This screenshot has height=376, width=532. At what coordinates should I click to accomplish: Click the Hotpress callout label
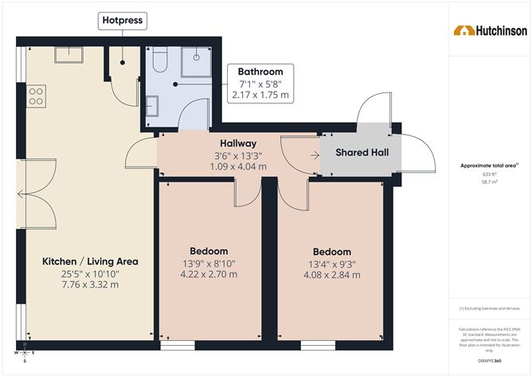click(122, 19)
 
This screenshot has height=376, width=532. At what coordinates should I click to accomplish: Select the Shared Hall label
click(362, 152)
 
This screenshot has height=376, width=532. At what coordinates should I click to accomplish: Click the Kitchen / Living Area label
click(91, 261)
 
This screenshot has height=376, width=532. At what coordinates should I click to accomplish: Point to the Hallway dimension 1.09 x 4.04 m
click(237, 166)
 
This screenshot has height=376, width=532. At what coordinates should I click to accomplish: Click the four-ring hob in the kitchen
click(36, 97)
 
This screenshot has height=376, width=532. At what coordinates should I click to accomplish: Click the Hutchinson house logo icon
click(461, 30)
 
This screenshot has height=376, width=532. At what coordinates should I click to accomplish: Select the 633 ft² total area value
click(490, 174)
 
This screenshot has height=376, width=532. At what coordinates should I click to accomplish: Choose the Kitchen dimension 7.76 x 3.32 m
click(91, 284)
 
